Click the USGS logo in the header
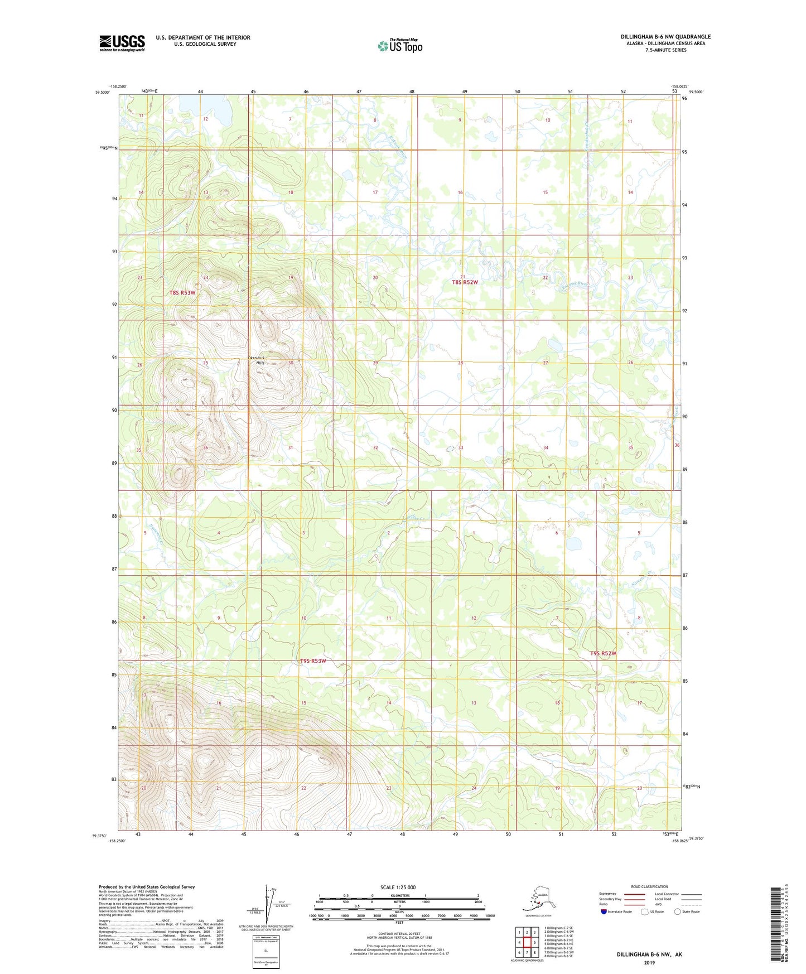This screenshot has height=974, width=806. pyautogui.click(x=122, y=43)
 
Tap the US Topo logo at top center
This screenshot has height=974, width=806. pyautogui.click(x=399, y=45)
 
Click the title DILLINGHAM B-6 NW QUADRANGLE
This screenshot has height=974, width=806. pyautogui.click(x=665, y=37)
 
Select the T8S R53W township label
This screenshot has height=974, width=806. pyautogui.click(x=182, y=293)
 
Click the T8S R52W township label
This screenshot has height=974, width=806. pyautogui.click(x=465, y=282)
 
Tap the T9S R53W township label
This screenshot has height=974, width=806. pyautogui.click(x=312, y=661)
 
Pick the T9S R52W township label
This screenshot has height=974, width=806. pyautogui.click(x=604, y=653)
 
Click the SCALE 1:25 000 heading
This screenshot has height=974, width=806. pyautogui.click(x=398, y=887)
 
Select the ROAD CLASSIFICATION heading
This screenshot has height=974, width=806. pyautogui.click(x=649, y=886)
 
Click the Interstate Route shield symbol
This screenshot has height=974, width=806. pyautogui.click(x=604, y=912)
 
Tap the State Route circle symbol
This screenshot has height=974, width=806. pyautogui.click(x=678, y=912)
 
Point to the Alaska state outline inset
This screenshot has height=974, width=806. pyautogui.click(x=537, y=899)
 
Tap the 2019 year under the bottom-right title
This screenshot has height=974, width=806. pyautogui.click(x=649, y=962)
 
